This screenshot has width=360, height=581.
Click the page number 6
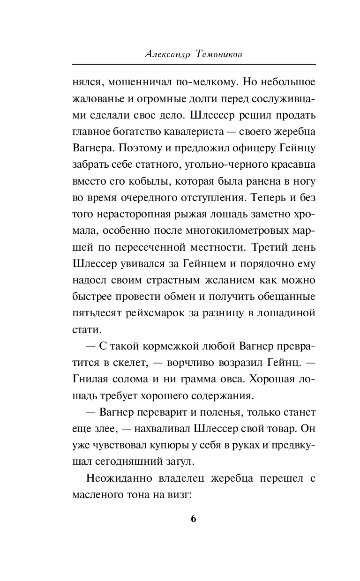193,519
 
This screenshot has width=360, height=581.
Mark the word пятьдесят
96,313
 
